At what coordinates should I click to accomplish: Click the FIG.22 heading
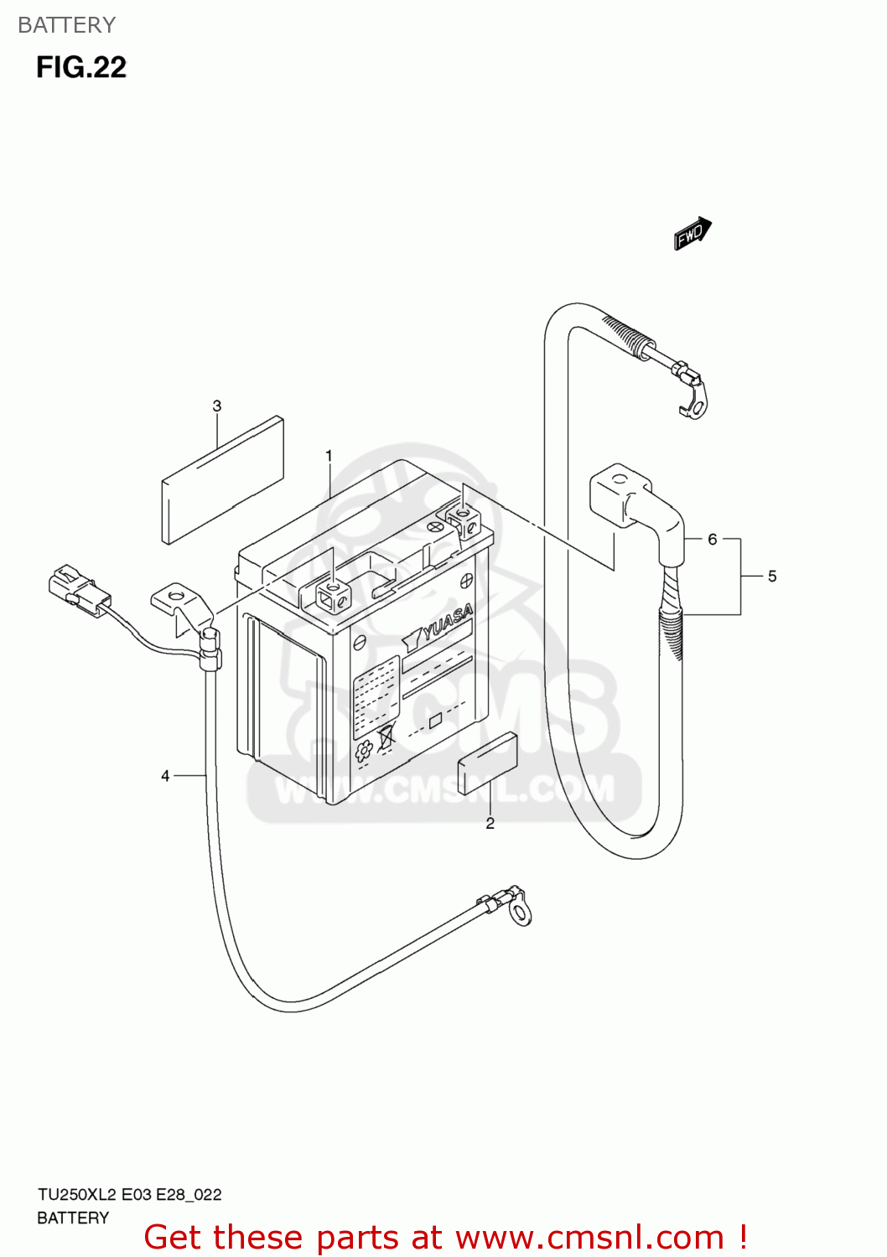(x=80, y=67)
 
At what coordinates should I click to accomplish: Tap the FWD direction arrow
(x=692, y=234)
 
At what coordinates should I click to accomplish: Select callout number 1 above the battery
(x=329, y=456)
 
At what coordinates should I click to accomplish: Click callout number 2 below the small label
(x=490, y=824)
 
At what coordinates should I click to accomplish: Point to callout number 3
(x=216, y=406)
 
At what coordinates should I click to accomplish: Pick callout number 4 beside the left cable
(x=165, y=776)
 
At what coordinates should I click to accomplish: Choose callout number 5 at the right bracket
(x=772, y=577)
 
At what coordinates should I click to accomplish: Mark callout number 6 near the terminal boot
(x=712, y=539)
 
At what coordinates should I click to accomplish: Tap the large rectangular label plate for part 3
(x=222, y=479)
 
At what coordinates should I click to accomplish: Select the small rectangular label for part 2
(x=486, y=763)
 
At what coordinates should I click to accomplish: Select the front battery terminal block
(x=334, y=596)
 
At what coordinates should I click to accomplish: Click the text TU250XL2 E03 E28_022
(x=129, y=1195)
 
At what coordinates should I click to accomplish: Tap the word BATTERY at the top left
(x=66, y=25)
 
